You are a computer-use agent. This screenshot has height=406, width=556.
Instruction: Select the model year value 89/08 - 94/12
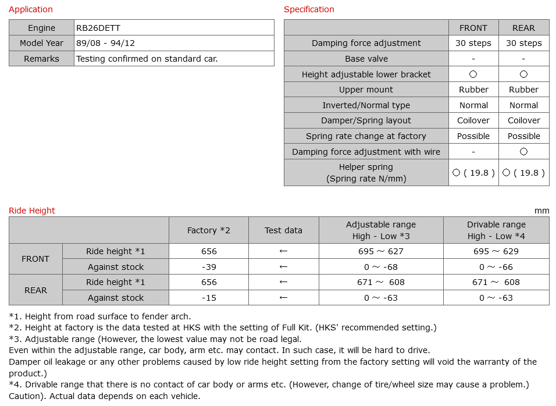105,43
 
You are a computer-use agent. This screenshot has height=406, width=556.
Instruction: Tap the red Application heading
31,9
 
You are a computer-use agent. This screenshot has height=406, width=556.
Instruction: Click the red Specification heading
309,9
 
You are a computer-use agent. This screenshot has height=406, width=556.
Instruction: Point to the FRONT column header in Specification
473,28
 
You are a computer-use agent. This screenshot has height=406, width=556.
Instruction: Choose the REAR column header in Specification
523,28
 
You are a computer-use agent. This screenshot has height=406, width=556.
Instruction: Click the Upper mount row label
366,90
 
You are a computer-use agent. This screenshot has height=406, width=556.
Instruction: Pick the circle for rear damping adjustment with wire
523,152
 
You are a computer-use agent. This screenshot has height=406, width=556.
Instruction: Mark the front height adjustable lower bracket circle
473,74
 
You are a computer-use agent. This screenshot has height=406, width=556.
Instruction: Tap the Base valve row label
366,59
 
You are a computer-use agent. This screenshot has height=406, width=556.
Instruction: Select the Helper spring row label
366,173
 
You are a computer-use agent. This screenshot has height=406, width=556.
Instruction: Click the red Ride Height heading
32,211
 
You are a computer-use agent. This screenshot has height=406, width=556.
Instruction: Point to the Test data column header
283,230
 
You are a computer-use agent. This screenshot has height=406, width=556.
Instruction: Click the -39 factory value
208,267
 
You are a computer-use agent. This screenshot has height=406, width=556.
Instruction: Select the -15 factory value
208,298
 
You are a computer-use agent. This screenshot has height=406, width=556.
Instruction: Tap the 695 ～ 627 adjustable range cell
381,251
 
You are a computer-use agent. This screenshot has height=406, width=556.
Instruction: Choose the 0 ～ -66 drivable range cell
496,267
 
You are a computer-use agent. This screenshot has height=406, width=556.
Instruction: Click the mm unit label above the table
541,211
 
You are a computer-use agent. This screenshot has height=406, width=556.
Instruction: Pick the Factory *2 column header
208,230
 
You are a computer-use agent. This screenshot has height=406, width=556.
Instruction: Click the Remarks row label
41,59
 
